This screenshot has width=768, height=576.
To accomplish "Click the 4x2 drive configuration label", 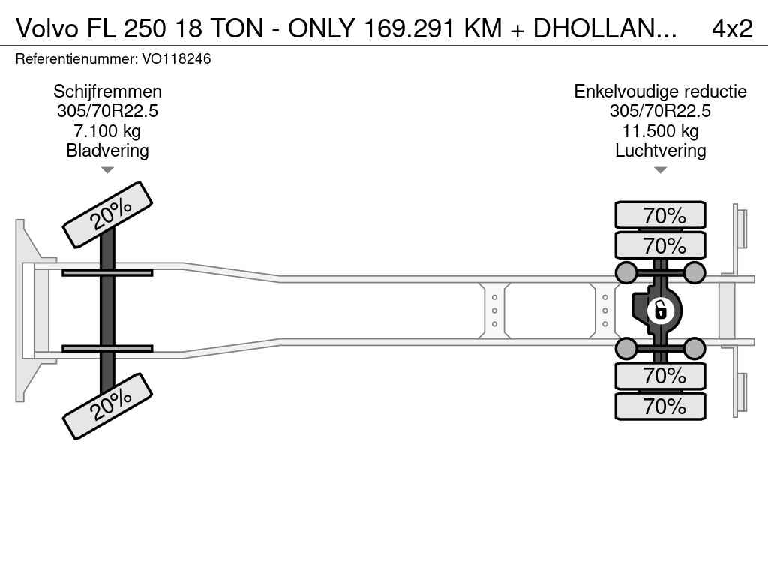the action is point(732,28).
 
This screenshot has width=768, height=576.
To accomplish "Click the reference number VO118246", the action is point(176,58).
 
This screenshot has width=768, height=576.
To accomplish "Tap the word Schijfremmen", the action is point(107,91).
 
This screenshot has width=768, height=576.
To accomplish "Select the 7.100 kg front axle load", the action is point(107,131).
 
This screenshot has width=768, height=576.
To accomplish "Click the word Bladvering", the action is point(107,150).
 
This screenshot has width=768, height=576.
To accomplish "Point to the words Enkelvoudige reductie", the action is point(660,91).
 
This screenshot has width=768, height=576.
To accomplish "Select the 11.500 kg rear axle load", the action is point(660,131).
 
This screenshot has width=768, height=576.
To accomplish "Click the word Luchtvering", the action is point(660,150).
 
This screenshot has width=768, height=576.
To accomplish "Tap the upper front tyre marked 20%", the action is point(108,215).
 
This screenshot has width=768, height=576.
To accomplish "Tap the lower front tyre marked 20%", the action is point(108,406).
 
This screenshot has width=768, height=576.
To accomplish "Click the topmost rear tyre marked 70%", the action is point(660,215).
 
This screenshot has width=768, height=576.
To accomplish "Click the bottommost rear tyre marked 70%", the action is point(660,406).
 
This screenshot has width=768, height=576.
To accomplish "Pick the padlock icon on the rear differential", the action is point(660,310).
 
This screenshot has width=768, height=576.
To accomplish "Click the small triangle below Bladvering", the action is point(107,170).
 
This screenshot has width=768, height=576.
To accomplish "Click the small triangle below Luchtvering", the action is point(660,170).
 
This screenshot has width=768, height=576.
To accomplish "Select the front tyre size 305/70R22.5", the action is point(107,111).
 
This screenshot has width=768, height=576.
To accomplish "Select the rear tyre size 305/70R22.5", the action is point(660,111).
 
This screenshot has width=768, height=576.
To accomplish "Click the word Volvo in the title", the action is point(47,28).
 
